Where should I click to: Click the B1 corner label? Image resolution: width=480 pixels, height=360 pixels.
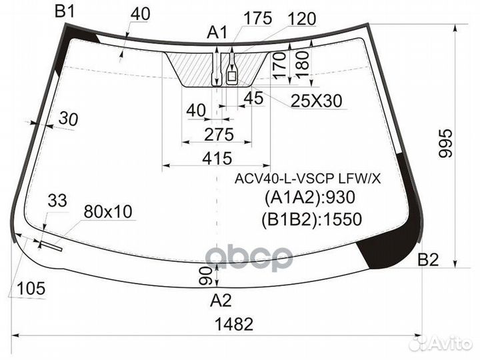(x=65, y=11)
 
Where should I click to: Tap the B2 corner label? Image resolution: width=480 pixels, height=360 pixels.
(x=428, y=260)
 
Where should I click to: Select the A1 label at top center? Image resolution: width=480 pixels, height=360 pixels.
(x=217, y=31)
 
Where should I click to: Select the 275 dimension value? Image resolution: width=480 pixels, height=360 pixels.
(x=219, y=135)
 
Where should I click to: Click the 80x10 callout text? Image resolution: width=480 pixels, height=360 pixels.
(x=108, y=212)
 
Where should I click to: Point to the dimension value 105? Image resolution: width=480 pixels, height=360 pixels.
(x=31, y=289)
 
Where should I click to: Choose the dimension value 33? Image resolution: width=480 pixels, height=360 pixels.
(x=58, y=200)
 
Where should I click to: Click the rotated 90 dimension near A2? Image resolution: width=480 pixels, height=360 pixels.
(x=209, y=273)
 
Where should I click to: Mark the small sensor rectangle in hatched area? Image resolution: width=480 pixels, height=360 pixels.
(x=232, y=77)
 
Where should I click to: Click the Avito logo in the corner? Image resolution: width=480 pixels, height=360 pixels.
(x=443, y=343)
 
